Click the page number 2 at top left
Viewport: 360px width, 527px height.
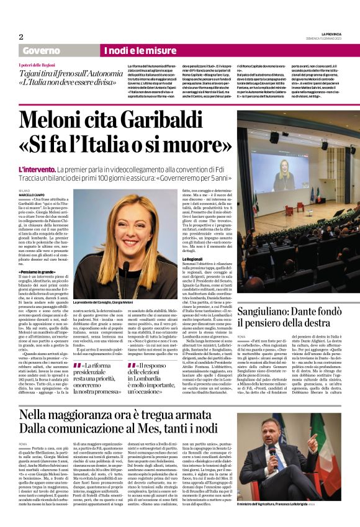[x=21, y=37]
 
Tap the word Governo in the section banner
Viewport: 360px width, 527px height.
[x=42, y=50]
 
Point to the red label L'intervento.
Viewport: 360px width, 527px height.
[x=39, y=169]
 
